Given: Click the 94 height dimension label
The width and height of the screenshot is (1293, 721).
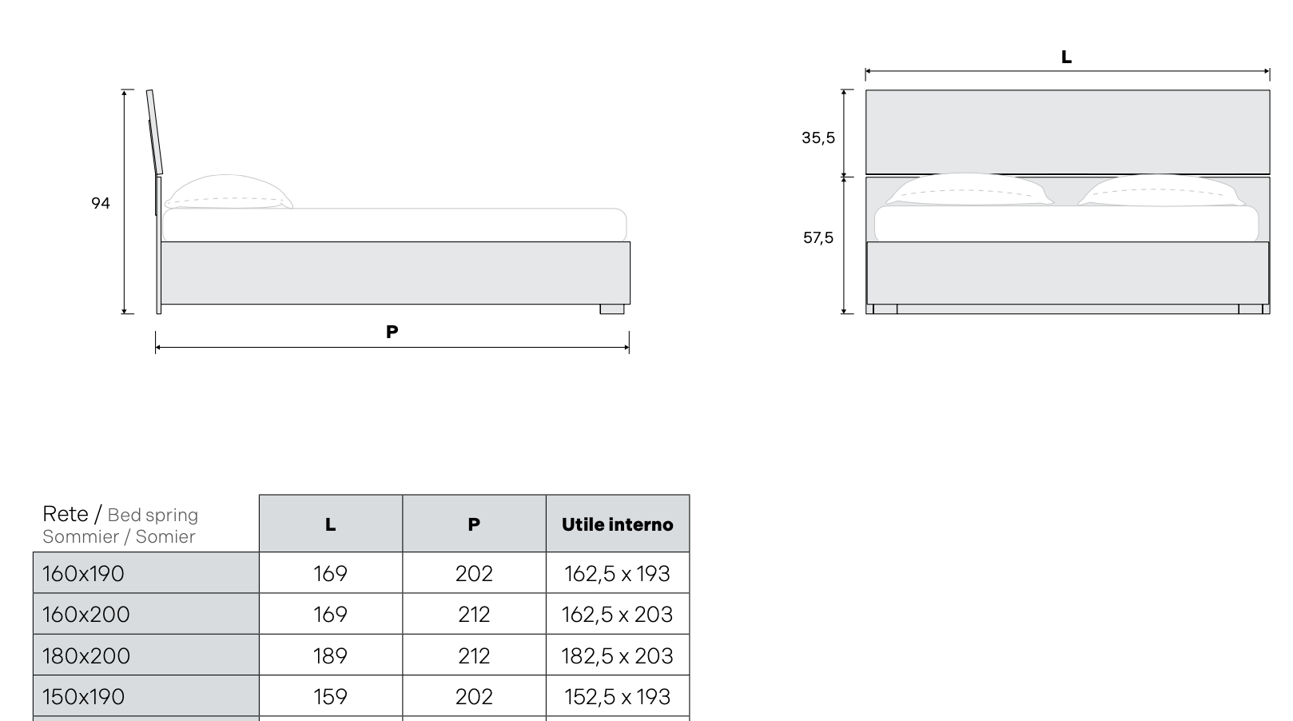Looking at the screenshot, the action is [x=101, y=203].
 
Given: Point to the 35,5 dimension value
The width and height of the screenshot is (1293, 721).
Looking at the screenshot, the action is [x=818, y=138].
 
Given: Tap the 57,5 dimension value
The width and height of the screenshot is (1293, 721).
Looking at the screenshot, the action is [x=818, y=238].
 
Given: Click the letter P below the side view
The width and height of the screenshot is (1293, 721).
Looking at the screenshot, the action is [x=392, y=332].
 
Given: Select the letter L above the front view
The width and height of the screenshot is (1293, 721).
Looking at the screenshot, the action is [x=1066, y=57].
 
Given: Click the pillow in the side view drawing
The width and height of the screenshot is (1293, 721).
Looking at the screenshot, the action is [x=229, y=192].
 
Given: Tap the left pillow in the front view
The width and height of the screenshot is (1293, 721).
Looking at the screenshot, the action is [x=970, y=189].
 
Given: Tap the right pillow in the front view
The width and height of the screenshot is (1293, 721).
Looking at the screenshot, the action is [x=1161, y=190].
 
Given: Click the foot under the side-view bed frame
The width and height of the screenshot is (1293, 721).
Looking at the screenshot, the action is [x=612, y=309].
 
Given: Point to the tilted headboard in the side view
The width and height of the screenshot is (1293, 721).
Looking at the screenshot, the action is [x=154, y=132].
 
